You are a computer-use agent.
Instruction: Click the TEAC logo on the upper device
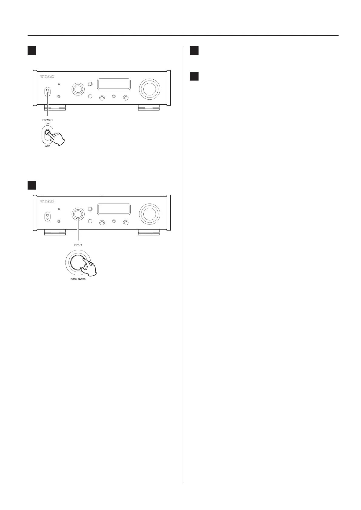pos(47,76)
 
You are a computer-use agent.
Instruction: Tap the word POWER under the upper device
pos(47,120)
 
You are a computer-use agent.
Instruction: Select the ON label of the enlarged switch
pos(48,124)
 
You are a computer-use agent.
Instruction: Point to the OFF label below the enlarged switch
pos(48,147)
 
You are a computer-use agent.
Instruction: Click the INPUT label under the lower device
pos(78,245)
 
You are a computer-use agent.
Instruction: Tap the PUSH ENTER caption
pos(78,279)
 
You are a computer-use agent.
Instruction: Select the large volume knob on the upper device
pos(149,89)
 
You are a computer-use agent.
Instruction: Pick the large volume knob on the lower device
pos(149,214)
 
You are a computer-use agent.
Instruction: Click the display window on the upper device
pos(114,84)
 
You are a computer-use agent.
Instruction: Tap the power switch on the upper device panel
pos(47,91)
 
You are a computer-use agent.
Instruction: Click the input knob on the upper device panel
pos(78,89)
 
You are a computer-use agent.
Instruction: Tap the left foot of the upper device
pos(55,107)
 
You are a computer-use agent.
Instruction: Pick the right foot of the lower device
pos(149,233)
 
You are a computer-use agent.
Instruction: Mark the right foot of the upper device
pos(149,107)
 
